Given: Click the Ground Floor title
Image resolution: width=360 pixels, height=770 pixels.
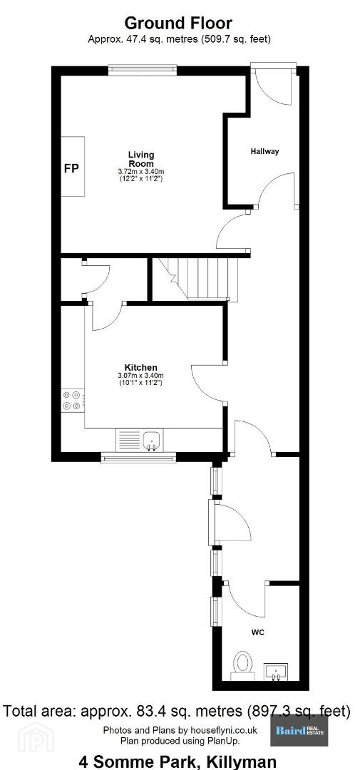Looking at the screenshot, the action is [178, 23].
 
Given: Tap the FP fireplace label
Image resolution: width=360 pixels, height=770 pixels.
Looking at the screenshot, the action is [72, 168].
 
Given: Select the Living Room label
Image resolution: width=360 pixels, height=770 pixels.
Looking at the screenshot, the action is [141, 159].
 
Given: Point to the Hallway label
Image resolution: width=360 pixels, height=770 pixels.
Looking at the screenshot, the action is [264, 151].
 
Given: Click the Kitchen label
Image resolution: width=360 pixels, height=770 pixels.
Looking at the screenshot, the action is [140, 367].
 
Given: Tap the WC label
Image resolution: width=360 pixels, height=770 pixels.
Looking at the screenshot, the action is [258, 632].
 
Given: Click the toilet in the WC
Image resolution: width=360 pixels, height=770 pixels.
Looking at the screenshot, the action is [242, 665].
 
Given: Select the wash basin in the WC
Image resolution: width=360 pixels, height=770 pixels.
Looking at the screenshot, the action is [277, 672].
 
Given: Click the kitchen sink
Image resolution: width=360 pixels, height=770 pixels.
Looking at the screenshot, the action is [153, 439].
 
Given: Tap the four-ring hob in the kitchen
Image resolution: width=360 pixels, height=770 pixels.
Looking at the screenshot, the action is [73, 400].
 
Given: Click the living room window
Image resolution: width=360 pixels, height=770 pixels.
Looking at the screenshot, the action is [143, 70].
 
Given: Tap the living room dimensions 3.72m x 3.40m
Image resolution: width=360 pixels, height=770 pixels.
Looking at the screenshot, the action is [141, 171].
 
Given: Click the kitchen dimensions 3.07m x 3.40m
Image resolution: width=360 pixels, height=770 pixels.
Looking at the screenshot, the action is [140, 376].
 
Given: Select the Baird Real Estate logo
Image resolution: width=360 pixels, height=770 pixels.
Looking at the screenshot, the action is [299, 731].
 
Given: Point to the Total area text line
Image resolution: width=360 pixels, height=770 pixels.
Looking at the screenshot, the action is [177, 711].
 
